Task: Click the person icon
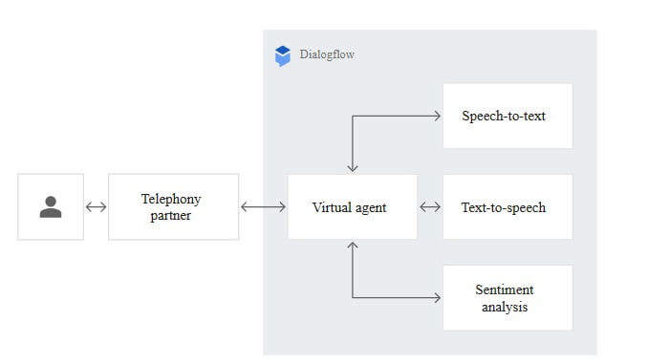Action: [x=51, y=206]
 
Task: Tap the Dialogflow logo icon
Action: [x=282, y=55]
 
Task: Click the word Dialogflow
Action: [x=326, y=55]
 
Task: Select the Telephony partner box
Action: [x=173, y=206]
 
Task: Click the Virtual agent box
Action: [x=352, y=206]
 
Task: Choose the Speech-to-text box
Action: [x=507, y=116]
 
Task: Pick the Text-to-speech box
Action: [x=507, y=206]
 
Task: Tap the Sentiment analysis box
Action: [x=507, y=298]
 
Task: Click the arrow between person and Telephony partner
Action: [x=96, y=206]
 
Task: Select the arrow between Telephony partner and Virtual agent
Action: [x=263, y=206]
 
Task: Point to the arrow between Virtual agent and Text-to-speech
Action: [x=429, y=206]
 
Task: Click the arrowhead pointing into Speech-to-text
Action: [x=436, y=116]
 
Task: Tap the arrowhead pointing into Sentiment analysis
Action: [x=436, y=298]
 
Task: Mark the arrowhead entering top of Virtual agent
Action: [x=353, y=167]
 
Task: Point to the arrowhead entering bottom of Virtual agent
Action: [x=353, y=246]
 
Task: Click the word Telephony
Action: [x=171, y=199]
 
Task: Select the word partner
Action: [x=171, y=215]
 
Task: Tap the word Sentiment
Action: [x=505, y=289]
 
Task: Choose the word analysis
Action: [x=505, y=307]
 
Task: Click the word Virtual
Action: [x=331, y=206]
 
